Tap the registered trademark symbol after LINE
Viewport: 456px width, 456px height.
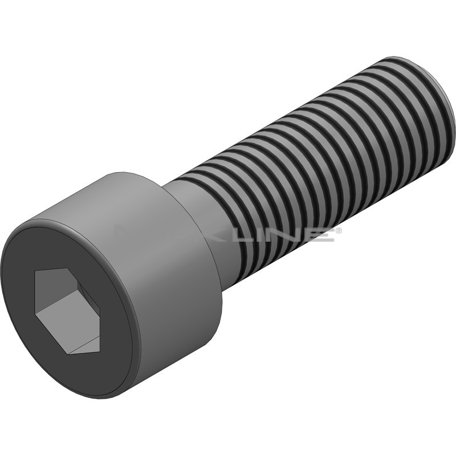pos(338,230)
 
